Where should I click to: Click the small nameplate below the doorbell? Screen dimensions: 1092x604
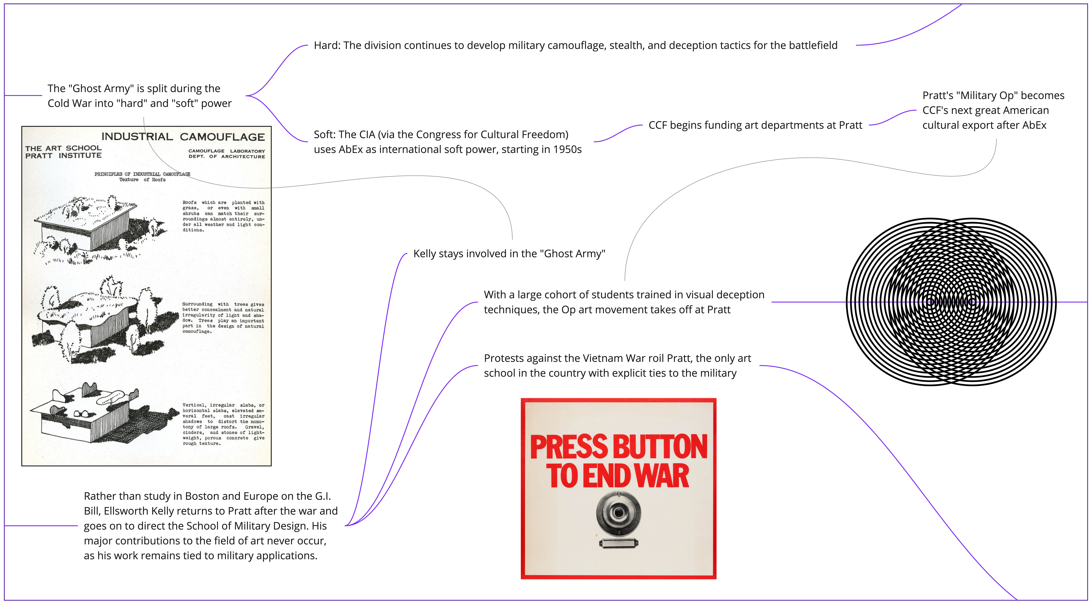[x=618, y=543]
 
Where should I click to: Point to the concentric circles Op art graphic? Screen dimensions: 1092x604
[x=951, y=302]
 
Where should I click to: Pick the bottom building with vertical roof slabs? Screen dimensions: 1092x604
[x=104, y=417]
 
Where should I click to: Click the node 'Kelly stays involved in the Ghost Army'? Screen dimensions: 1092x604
[x=509, y=254]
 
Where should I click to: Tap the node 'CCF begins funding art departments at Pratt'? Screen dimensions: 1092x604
[x=755, y=125]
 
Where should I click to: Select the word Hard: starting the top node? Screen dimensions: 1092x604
[x=327, y=45]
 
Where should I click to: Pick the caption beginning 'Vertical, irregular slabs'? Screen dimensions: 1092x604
[x=223, y=424]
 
